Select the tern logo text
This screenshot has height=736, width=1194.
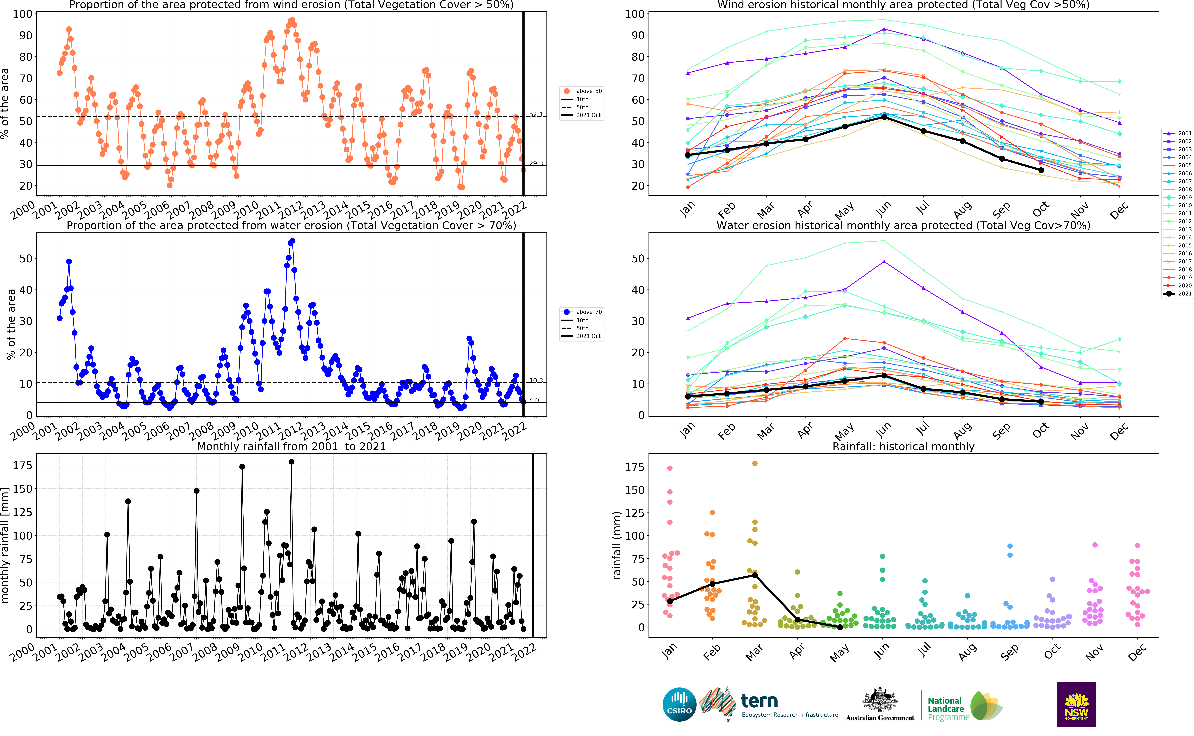[x=759, y=701]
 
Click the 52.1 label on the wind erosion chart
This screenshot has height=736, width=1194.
[x=536, y=114]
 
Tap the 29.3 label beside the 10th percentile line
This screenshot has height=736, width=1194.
[x=536, y=163]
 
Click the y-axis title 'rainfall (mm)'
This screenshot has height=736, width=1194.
[x=617, y=545]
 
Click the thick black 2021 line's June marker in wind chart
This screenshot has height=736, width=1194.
[x=884, y=117]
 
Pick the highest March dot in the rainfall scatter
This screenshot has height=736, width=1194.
[x=755, y=463]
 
